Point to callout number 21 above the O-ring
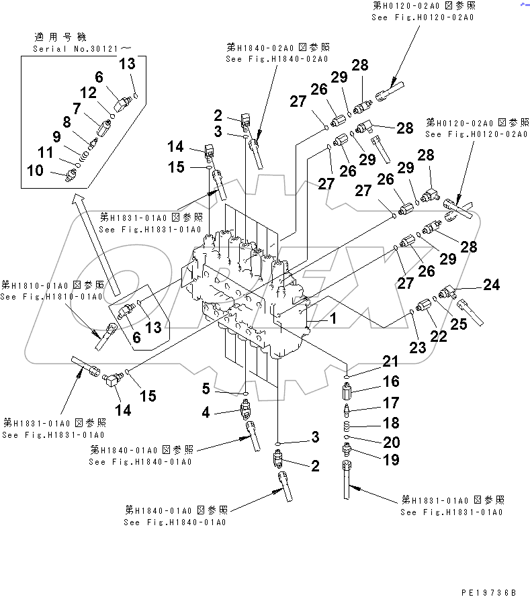tap(390, 362)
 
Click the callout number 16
tap(390, 381)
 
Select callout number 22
tap(439, 337)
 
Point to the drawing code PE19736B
tap(488, 592)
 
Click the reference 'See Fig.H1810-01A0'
tap(52, 297)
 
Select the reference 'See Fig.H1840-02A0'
tap(276, 59)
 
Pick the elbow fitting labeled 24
tap(449, 291)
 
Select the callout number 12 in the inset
tap(89, 93)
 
